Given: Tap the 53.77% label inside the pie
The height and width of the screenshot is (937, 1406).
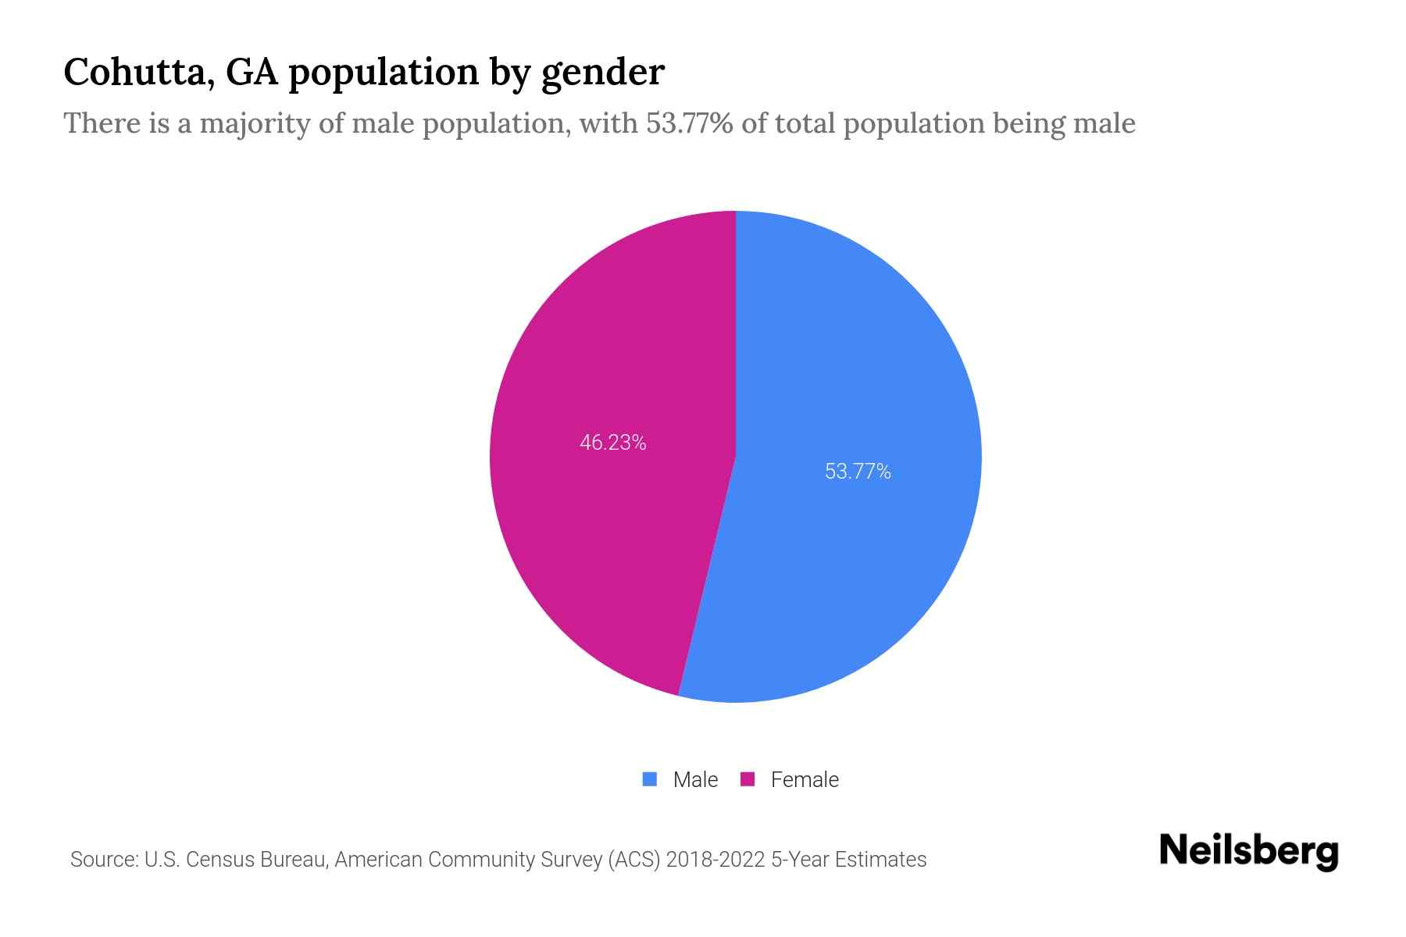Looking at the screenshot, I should (858, 472).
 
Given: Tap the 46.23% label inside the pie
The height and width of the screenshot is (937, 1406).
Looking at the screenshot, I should (612, 443).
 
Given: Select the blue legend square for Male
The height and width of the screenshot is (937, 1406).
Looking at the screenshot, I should (649, 779).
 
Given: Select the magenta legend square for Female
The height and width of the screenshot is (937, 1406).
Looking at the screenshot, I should (748, 779).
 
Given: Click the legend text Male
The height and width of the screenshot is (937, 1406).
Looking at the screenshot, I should (695, 779).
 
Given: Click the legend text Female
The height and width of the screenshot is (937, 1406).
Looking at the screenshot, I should (805, 779).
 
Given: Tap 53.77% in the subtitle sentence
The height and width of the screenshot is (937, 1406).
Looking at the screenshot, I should (689, 123).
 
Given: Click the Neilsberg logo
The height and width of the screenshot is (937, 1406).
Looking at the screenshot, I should (1248, 851).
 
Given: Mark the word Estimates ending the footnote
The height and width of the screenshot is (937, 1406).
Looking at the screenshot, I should (880, 860).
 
